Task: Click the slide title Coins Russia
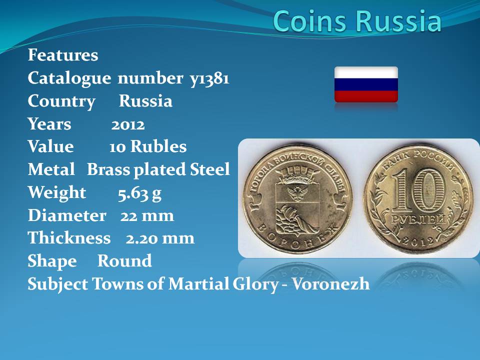[357, 21]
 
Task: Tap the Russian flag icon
[366, 84]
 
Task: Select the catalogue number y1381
[209, 79]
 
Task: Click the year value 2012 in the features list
[128, 125]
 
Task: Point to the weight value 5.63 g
[139, 194]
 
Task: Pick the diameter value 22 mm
[147, 216]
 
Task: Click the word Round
[124, 261]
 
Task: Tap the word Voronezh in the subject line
[331, 284]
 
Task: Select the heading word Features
[63, 55]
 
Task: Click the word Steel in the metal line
[209, 169]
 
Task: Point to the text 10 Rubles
[148, 146]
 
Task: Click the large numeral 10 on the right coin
[418, 190]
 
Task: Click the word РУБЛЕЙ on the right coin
[418, 219]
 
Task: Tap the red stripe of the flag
[366, 96]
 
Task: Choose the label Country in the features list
[61, 101]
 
